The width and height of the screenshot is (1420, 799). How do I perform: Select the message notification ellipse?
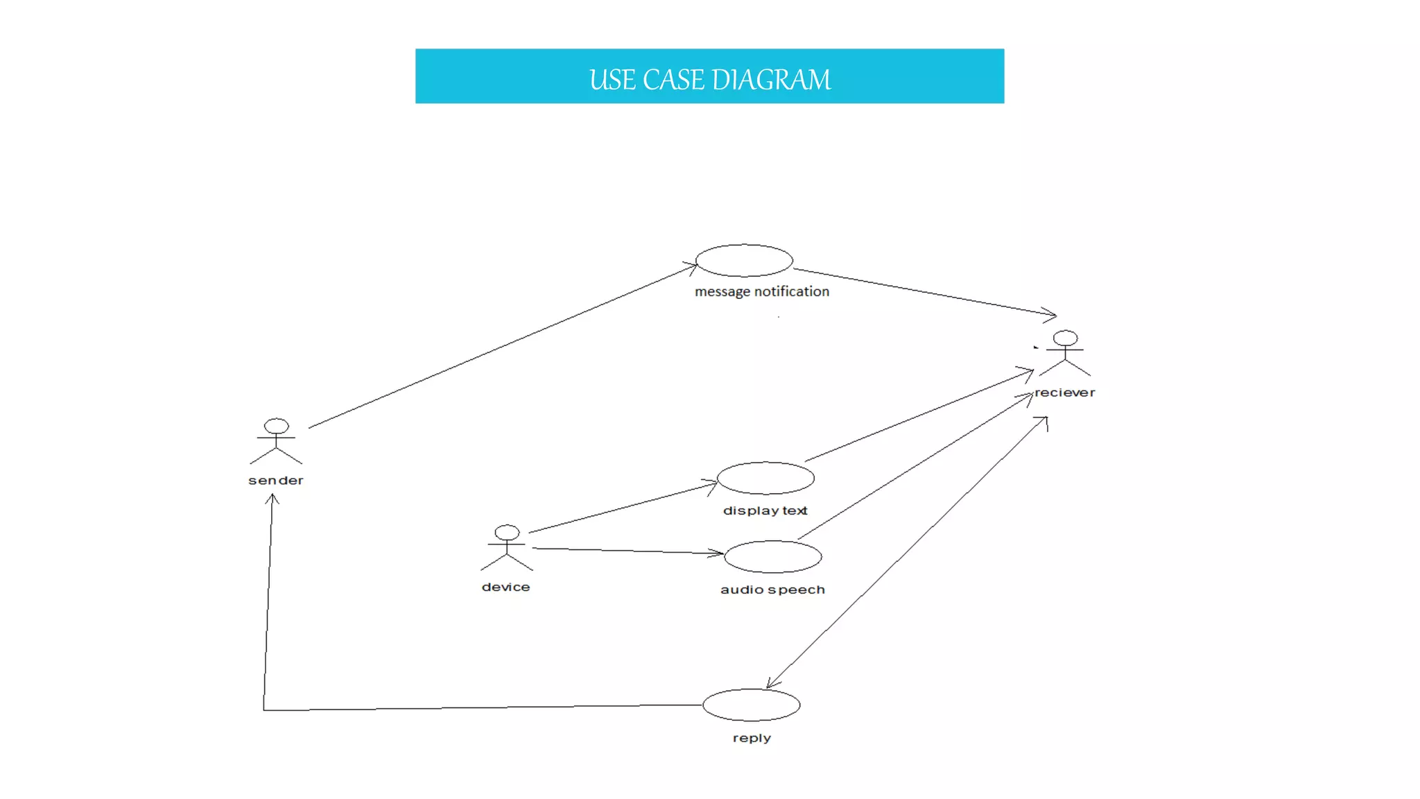click(744, 260)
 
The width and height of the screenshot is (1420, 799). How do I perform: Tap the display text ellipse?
click(765, 478)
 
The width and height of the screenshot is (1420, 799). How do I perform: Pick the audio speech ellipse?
click(772, 556)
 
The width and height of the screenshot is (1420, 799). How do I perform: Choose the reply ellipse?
click(751, 705)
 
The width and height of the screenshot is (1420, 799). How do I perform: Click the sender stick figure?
click(276, 441)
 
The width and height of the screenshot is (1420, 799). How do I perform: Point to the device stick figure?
click(507, 548)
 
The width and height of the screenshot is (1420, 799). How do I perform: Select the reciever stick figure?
click(1065, 354)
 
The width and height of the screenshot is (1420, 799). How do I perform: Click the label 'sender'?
click(276, 481)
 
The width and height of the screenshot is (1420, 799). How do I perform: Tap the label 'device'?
click(506, 587)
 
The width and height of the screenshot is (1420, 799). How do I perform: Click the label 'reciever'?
click(1065, 393)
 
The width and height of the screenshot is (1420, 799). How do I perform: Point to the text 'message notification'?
click(762, 292)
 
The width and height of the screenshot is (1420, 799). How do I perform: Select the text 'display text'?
click(765, 511)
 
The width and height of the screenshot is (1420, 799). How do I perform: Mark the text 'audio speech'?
click(772, 590)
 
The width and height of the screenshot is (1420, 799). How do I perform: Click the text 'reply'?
click(752, 738)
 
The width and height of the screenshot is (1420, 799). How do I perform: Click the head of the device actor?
click(507, 533)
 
